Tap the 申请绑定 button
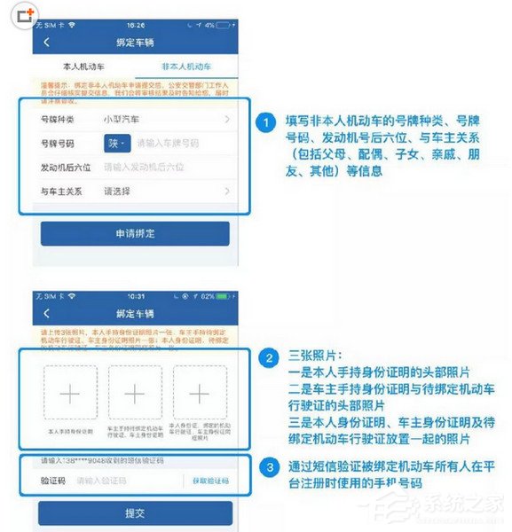pyautogui.click(x=135, y=233)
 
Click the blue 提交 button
pyautogui.click(x=135, y=512)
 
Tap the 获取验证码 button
pyautogui.click(x=209, y=481)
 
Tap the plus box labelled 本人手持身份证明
pyautogui.click(x=69, y=393)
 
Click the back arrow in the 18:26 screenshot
pyautogui.click(x=47, y=43)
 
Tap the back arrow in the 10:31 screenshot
pyautogui.click(x=47, y=312)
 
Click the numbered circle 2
pyautogui.click(x=264, y=359)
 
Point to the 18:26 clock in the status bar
pyautogui.click(x=136, y=25)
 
